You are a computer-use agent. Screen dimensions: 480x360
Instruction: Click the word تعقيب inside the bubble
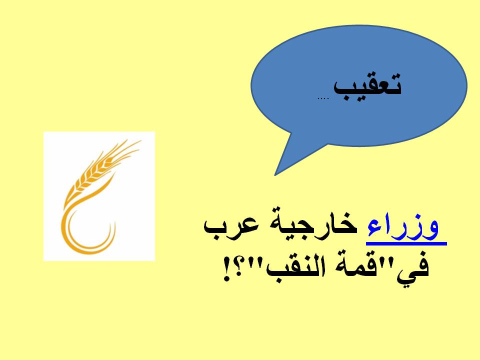(x=367, y=87)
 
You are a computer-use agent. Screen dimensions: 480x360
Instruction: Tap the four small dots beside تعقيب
(x=323, y=98)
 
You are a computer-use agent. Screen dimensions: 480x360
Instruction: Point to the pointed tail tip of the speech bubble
(x=275, y=175)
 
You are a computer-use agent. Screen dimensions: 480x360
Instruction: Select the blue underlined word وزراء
(x=403, y=228)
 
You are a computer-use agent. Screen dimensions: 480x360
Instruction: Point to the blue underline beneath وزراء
(x=406, y=243)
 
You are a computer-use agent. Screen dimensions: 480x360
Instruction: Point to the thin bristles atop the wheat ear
(x=125, y=150)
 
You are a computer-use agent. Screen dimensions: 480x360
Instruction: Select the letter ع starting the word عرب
(x=251, y=226)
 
